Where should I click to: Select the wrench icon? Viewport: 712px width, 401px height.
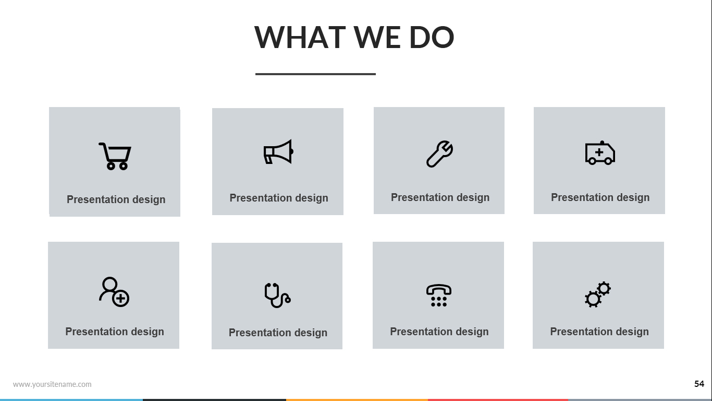coord(439,154)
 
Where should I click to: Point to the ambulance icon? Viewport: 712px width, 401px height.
coord(600,153)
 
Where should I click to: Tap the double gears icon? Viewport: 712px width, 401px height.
coord(597,294)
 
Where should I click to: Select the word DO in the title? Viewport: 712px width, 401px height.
coord(432,38)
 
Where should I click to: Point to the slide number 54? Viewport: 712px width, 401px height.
coord(699,384)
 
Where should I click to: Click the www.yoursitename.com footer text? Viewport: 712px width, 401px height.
coord(52,384)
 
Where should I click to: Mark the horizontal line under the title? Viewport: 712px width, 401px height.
coord(315,74)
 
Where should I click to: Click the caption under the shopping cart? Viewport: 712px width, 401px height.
coord(116,199)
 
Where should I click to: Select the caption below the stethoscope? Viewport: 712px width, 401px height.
coord(278,333)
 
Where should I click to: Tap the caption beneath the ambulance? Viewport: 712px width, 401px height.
coord(600,197)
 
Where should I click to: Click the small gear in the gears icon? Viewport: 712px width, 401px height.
coord(604,289)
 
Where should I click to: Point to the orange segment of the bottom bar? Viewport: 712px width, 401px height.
coord(357,400)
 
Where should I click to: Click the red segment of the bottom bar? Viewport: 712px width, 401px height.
coord(498,400)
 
